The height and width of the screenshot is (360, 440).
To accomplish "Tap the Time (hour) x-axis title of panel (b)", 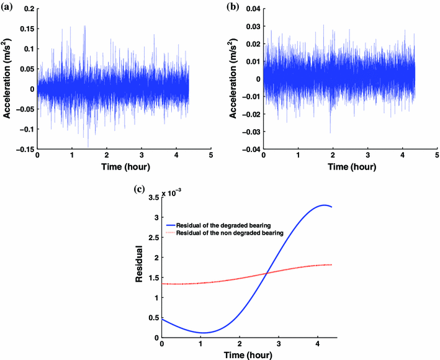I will (x=350, y=168).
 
